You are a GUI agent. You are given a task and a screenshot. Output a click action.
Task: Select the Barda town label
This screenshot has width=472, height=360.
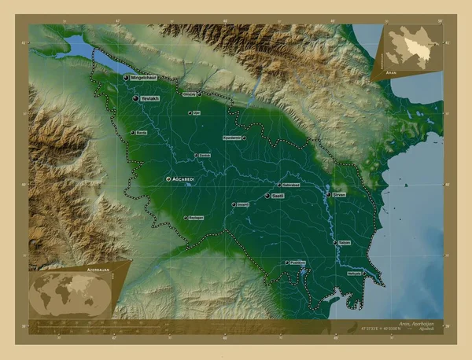click(x=142, y=133)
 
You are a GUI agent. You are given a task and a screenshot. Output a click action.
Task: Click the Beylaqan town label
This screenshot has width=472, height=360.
click(x=196, y=217)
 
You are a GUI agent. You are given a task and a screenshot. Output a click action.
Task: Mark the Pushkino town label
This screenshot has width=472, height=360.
click(x=297, y=263)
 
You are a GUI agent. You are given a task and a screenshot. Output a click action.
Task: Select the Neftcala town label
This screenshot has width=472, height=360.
click(x=354, y=273)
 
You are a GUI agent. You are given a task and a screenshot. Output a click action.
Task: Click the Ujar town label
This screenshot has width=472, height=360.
click(x=197, y=112)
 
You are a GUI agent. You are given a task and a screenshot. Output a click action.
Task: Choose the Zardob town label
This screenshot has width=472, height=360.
click(x=205, y=156)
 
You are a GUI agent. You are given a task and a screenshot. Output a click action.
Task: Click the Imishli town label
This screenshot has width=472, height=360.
click(x=243, y=204)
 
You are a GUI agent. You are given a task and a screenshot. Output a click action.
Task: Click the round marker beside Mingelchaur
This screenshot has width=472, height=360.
click(x=126, y=78)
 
